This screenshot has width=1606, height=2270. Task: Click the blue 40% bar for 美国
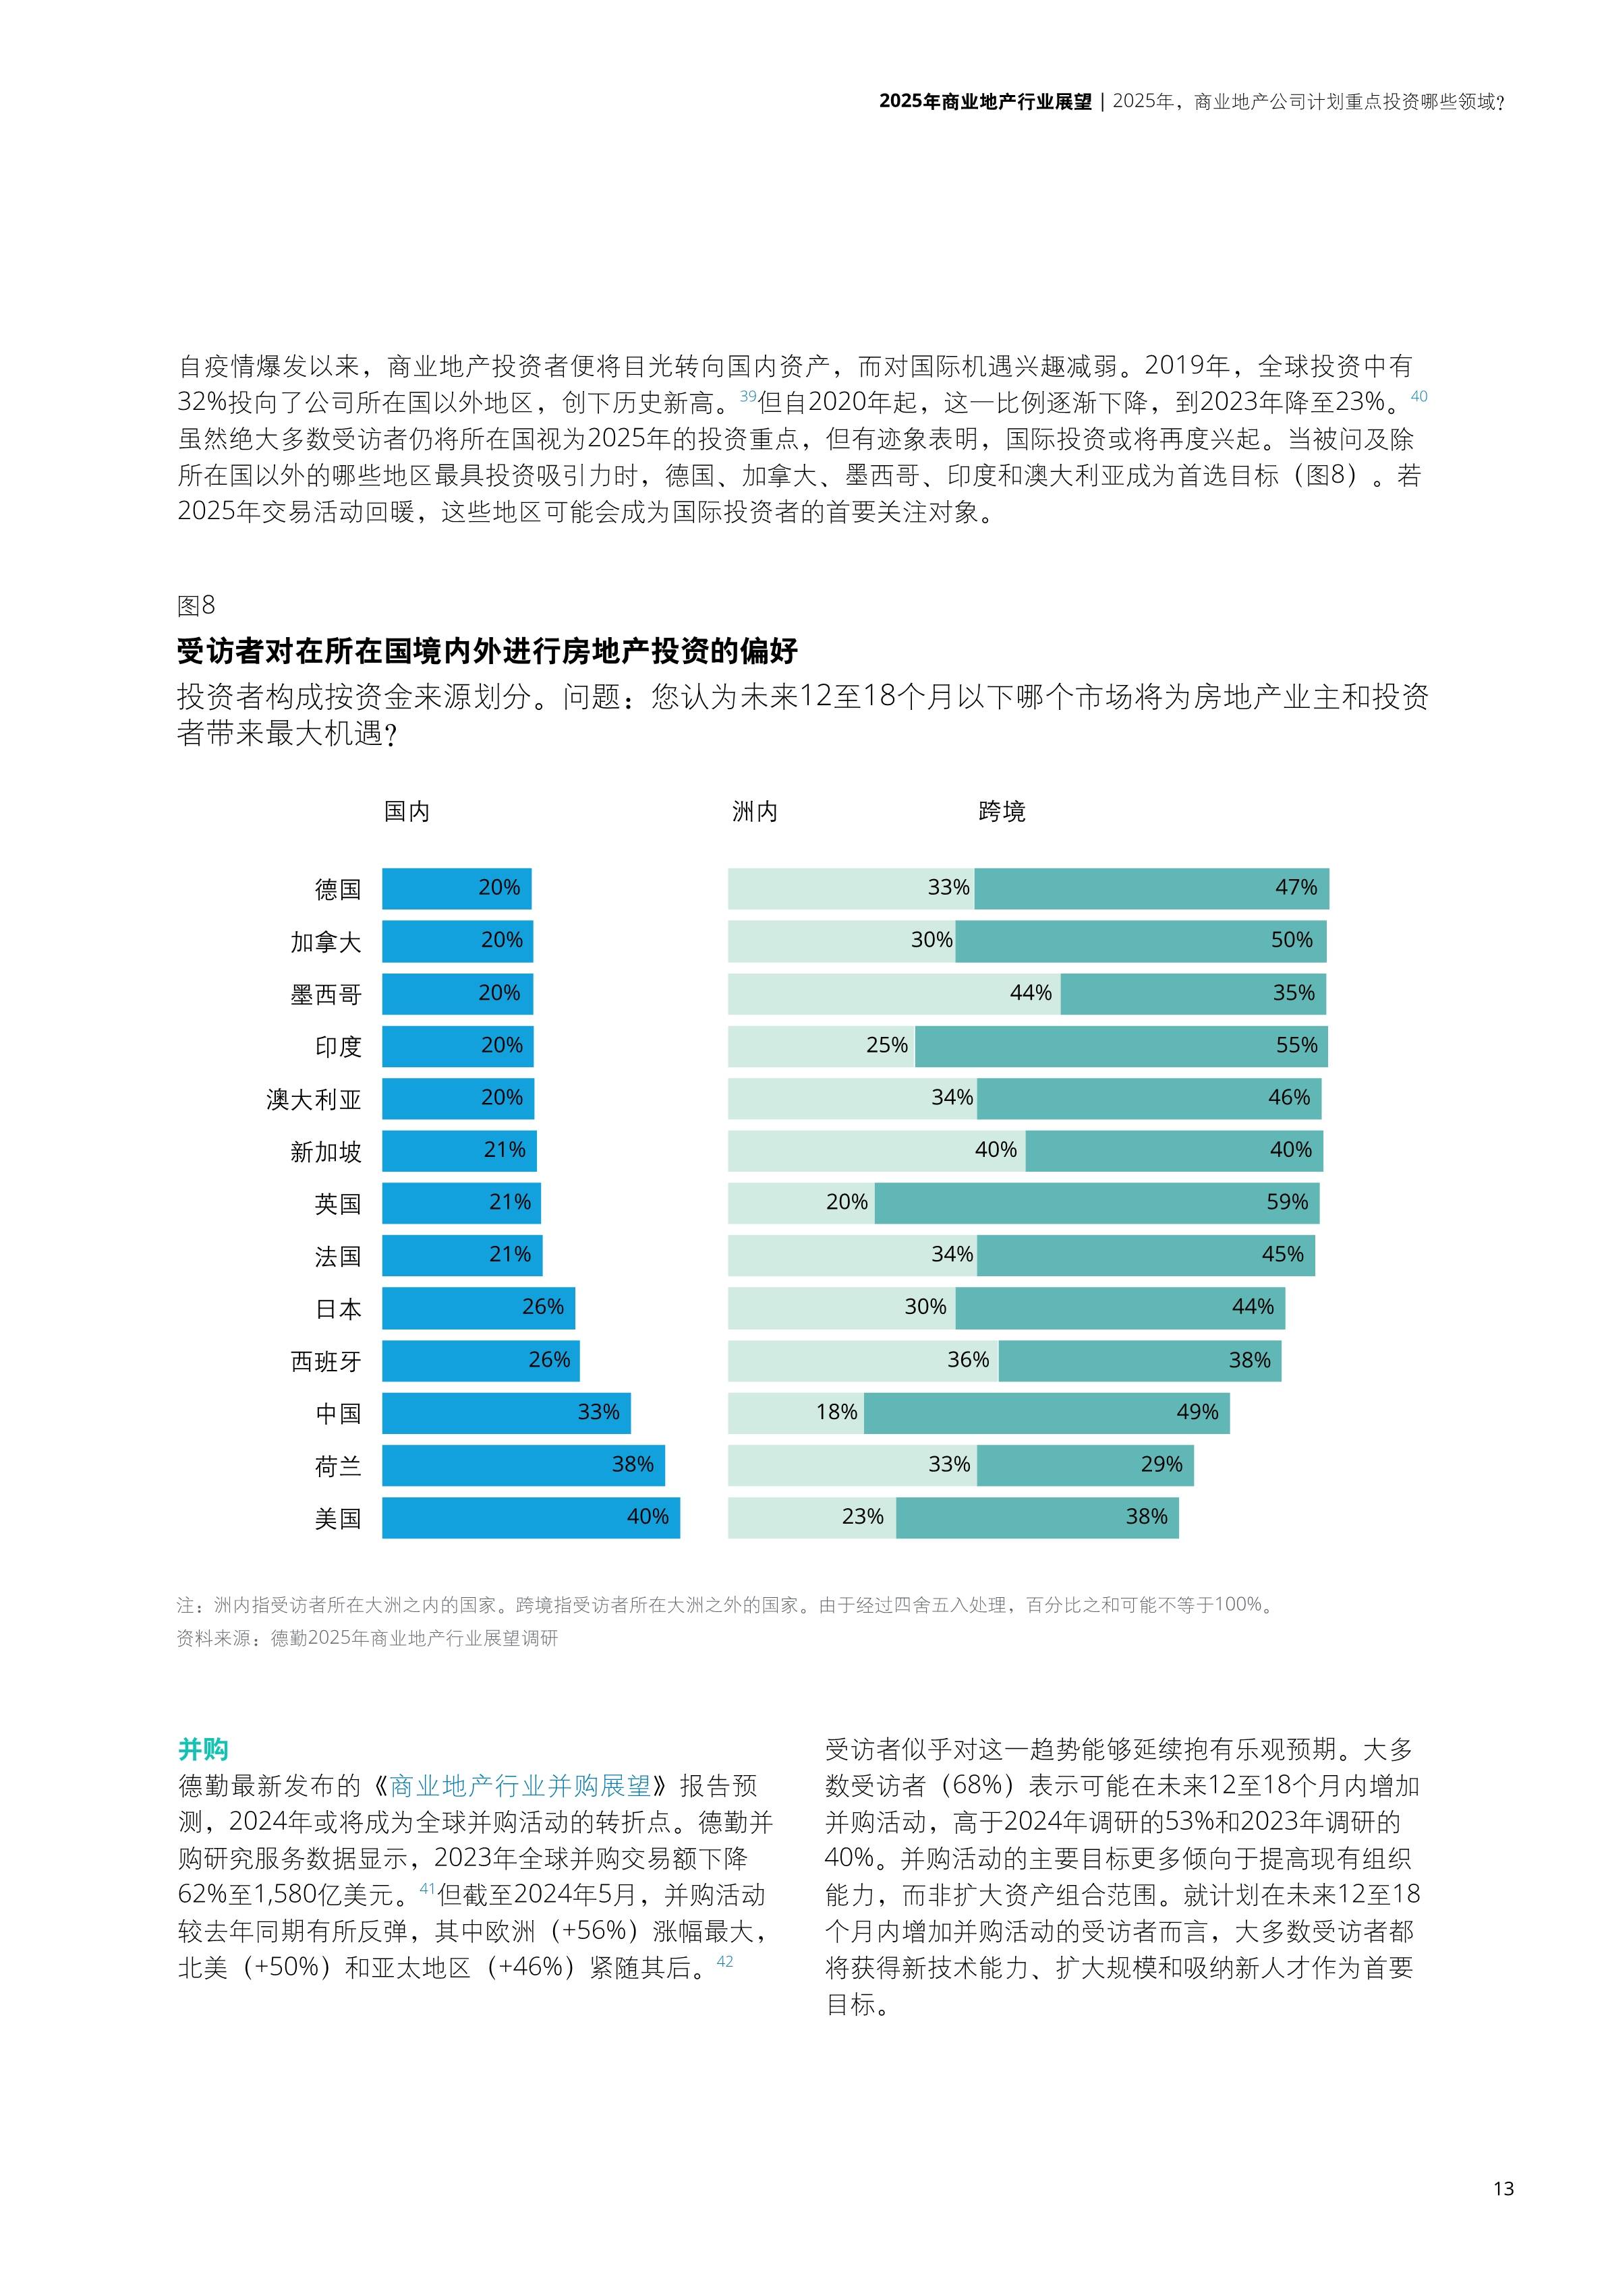(530, 1517)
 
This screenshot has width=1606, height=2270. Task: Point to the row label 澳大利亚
(314, 1100)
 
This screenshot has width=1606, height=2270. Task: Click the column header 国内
(407, 812)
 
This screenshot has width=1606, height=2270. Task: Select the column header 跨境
(1001, 812)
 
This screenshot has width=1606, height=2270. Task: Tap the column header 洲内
(755, 812)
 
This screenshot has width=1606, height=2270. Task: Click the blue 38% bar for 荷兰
(523, 1464)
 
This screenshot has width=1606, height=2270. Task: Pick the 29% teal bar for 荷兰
(1085, 1464)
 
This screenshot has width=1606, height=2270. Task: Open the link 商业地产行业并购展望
(520, 1785)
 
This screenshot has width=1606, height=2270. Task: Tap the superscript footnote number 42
(725, 1961)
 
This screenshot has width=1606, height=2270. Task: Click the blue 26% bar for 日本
(478, 1307)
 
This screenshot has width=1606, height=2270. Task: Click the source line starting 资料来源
(367, 1638)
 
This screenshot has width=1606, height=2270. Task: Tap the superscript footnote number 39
(747, 396)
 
